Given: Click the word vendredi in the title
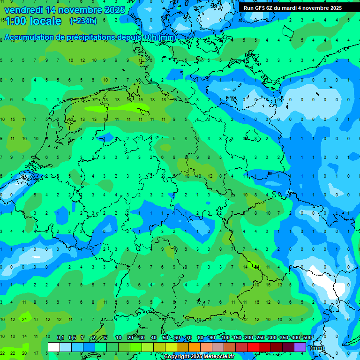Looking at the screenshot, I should pos(23,10).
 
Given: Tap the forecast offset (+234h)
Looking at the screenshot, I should pos(83,21).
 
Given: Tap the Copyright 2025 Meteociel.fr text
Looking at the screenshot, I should pos(199,357).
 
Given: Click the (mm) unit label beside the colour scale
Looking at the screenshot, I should pos(317,347).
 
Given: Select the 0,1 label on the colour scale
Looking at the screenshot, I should pos(60,338).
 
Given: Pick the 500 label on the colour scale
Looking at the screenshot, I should pos(307,338).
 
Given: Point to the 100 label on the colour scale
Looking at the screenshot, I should pos(225,338).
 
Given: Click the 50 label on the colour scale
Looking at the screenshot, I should pos(165,338).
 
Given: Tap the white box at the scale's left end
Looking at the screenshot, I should pos(54,347).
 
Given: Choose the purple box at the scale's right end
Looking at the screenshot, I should pos(300,347).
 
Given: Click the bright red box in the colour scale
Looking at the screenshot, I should pos(253,347).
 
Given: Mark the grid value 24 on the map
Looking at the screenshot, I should pos(24,319).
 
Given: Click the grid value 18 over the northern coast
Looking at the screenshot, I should pos(164,99).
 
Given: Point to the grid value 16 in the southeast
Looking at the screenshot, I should pos(256,302).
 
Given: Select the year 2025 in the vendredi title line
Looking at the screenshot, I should pos(114,10).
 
